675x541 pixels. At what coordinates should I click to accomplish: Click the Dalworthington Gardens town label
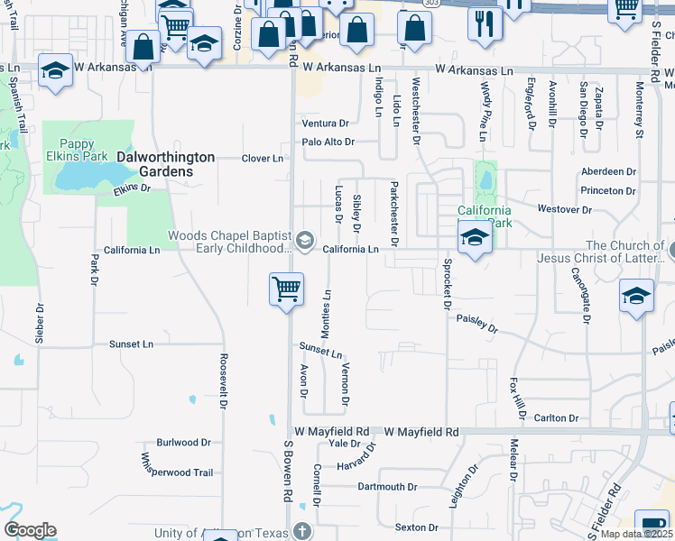(166, 164)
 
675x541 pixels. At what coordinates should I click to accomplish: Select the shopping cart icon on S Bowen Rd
(286, 290)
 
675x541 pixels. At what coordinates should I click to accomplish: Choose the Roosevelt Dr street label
(222, 380)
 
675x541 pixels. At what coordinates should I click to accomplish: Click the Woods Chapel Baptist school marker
(305, 239)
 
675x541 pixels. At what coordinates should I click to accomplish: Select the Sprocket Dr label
(446, 285)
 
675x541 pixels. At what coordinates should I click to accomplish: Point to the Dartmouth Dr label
(382, 487)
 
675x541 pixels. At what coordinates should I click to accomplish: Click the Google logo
(30, 530)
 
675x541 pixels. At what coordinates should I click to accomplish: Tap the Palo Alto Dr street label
(328, 142)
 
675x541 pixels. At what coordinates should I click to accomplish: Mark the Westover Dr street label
(564, 209)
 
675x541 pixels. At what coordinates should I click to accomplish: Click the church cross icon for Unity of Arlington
(301, 531)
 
